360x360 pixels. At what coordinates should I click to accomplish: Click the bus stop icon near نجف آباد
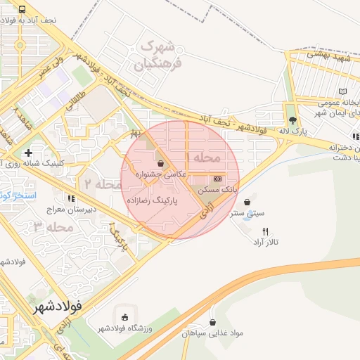tap(22, 10)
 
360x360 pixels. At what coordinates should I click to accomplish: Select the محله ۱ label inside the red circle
tap(207, 156)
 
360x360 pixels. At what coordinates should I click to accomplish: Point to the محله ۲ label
tap(105, 184)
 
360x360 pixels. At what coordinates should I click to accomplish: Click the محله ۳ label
tap(53, 226)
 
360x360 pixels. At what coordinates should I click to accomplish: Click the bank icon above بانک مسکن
tap(216, 179)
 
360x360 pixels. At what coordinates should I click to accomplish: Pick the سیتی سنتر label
tap(249, 211)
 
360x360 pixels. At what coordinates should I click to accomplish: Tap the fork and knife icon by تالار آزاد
tap(265, 231)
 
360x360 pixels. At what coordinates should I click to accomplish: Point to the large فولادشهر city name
tap(58, 307)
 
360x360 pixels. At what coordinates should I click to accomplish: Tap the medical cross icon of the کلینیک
tap(28, 152)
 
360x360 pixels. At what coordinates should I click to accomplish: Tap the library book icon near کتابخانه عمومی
tap(343, 92)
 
